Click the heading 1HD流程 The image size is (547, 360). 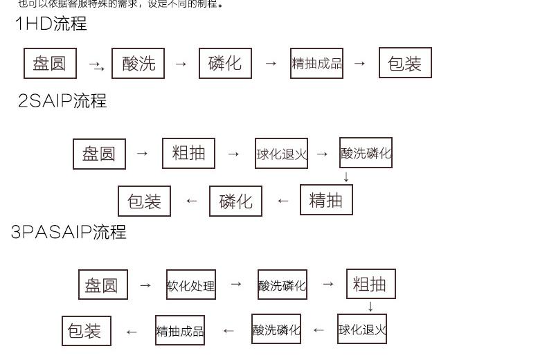click(51, 24)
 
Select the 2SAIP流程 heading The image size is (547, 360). click(62, 101)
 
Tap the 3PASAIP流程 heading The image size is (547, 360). click(69, 232)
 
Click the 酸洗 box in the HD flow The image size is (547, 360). click(138, 64)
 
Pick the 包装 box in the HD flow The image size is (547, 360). click(405, 63)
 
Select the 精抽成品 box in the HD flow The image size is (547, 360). click(316, 64)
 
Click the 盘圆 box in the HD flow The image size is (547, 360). click(50, 64)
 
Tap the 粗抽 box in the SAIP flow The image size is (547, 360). click(188, 154)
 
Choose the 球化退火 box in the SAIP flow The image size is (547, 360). click(281, 154)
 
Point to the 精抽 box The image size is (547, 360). click(326, 200)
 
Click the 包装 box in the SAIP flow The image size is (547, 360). click(144, 201)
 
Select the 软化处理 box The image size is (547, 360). click(190, 285)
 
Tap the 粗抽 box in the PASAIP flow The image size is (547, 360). click(370, 284)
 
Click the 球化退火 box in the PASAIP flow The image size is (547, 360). click(362, 330)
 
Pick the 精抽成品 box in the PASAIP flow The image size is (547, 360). click(180, 331)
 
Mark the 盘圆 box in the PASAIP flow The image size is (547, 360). click(102, 285)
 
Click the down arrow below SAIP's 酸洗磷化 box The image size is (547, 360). click(346, 177)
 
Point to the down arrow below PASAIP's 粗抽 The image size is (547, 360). click(370, 306)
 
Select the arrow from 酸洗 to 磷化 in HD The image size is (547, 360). click(181, 64)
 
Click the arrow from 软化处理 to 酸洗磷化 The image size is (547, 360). click(236, 284)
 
